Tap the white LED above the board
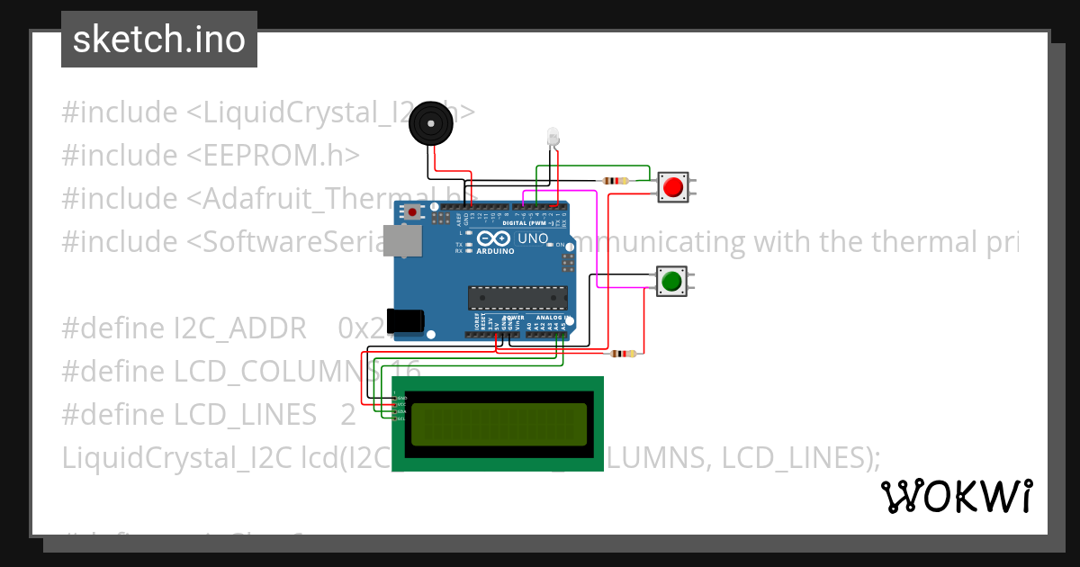(553, 138)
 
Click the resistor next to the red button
(616, 181)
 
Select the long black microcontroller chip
(517, 298)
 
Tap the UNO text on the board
(533, 238)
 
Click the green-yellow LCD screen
(499, 425)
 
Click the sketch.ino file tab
(159, 40)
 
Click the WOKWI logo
(956, 497)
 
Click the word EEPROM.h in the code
(273, 156)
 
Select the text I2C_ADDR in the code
(245, 328)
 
